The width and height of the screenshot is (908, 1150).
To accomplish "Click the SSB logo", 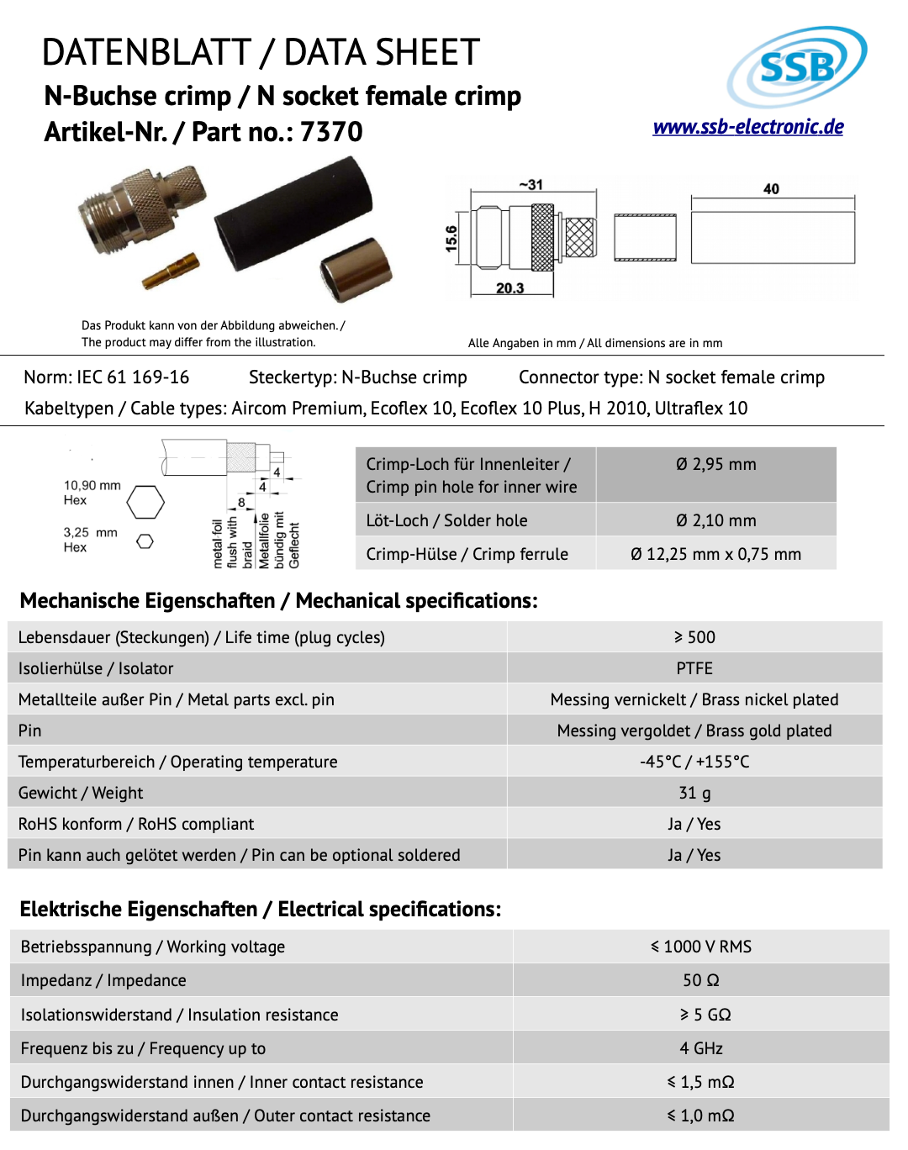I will point(796,67).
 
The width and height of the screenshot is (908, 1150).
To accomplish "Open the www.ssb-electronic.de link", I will point(748,127).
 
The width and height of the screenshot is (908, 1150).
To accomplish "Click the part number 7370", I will point(331,132).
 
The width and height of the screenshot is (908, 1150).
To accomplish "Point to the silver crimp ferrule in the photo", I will point(356,269).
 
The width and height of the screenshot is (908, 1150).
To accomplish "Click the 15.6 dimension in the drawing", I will point(451,239).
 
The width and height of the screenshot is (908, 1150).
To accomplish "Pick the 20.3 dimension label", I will point(509,288).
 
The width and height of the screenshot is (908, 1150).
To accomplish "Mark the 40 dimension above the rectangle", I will point(771,189).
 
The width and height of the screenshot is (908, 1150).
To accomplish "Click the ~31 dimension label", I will point(531,185).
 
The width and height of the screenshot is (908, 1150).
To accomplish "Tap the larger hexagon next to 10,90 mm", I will point(145,503).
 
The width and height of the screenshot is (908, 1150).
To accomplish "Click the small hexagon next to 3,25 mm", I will point(145,541).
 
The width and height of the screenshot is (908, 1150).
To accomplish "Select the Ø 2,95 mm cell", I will point(716,465).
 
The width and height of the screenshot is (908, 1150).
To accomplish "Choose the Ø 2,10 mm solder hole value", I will point(716,521).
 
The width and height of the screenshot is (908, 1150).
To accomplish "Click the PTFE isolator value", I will point(694,668).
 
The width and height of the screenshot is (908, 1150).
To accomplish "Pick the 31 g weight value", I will point(694,793).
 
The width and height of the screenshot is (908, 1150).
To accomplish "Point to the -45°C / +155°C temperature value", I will point(694,762).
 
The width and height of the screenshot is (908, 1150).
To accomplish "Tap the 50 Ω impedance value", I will point(701,980).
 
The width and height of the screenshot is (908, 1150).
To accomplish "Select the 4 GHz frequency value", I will point(701,1048).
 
